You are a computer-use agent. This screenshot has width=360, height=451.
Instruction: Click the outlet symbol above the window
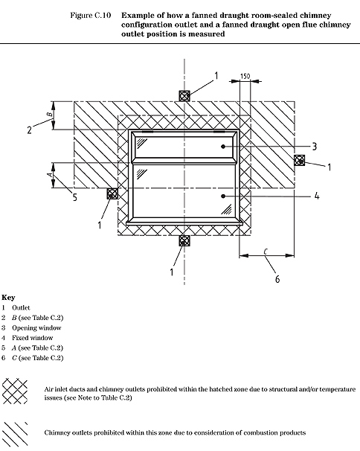coord(184,96)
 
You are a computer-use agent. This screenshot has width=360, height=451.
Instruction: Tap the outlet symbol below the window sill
coord(184,240)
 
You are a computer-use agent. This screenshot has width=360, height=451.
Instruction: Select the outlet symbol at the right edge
coord(299,160)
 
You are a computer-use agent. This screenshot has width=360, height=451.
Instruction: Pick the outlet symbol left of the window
coord(112,193)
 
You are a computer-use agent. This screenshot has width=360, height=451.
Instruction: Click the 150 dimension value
coord(245,76)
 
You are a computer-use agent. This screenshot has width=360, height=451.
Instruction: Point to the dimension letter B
coord(50,114)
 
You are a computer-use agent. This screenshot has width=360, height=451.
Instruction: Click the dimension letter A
coord(50,174)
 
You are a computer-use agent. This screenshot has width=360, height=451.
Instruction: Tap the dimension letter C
coord(266,252)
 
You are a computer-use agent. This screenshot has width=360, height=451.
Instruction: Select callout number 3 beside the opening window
coord(315,147)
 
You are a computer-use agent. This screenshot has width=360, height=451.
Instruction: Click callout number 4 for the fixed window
coord(317,196)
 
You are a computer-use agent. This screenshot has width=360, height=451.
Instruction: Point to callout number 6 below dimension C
coord(277,279)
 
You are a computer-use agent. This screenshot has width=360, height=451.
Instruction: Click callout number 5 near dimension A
coord(75,197)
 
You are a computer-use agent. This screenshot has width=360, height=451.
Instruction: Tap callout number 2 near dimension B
coord(29,130)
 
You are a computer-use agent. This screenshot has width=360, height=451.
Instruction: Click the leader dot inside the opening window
coord(223,147)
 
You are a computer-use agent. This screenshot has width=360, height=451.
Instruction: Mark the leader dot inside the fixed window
coord(223,196)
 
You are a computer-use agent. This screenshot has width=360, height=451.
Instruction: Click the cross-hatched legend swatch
coord(15,391)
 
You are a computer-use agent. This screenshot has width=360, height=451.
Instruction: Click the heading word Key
coord(8,298)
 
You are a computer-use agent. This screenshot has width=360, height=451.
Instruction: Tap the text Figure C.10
coord(91,15)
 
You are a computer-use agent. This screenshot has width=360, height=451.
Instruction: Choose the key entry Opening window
coord(36,328)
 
